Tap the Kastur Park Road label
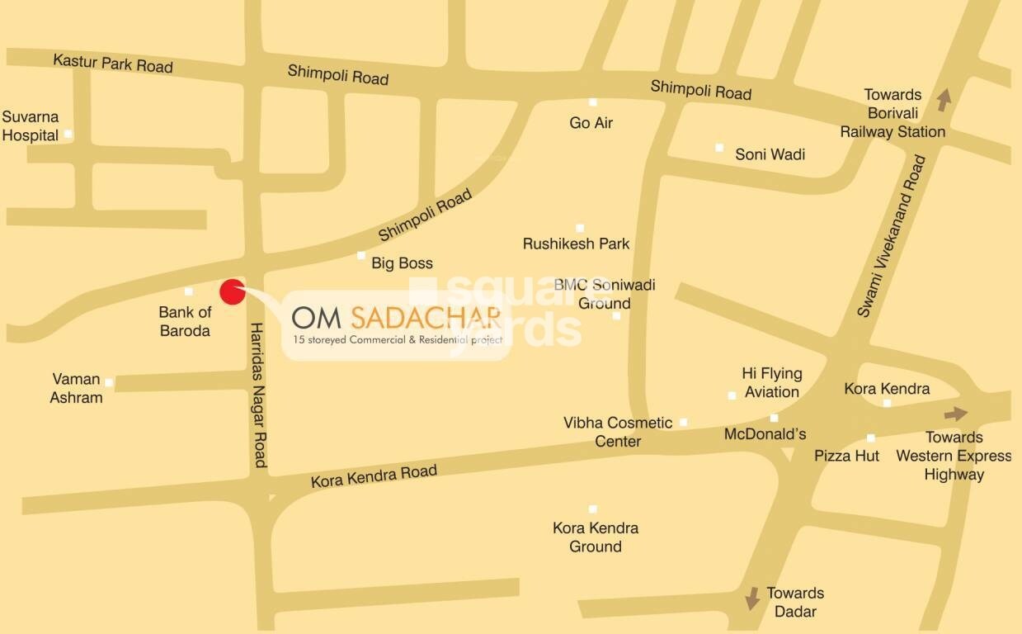point(112,63)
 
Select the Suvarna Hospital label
point(31,126)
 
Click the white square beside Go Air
point(592,102)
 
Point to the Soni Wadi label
point(770,154)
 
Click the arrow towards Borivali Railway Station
point(943,101)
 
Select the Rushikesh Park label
point(576,244)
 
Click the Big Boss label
point(402,263)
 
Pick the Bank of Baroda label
point(185,322)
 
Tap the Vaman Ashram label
point(77,389)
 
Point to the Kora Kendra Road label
point(374,476)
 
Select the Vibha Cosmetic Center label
point(618,432)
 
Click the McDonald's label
point(765,434)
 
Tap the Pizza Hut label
point(846,456)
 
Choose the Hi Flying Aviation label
point(771,383)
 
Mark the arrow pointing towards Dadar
point(751,599)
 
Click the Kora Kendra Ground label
point(596,537)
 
